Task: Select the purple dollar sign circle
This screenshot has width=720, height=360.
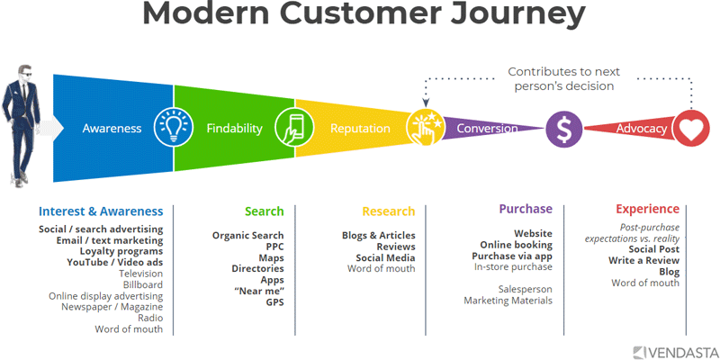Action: [563, 129]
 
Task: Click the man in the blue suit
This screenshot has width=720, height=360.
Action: [24, 126]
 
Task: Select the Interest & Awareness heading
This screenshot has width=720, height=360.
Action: [101, 211]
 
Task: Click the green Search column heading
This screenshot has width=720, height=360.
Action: [264, 211]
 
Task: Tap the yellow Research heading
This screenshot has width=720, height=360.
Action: [388, 211]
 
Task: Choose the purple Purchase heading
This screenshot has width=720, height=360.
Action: [526, 209]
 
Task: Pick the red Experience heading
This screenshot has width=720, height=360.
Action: [647, 209]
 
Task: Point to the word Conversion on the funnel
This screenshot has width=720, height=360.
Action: [487, 129]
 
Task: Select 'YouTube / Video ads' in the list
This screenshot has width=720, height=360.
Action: [115, 263]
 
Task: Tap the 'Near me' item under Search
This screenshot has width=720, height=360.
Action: [259, 291]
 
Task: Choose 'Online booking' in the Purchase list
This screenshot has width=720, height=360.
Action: [516, 245]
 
